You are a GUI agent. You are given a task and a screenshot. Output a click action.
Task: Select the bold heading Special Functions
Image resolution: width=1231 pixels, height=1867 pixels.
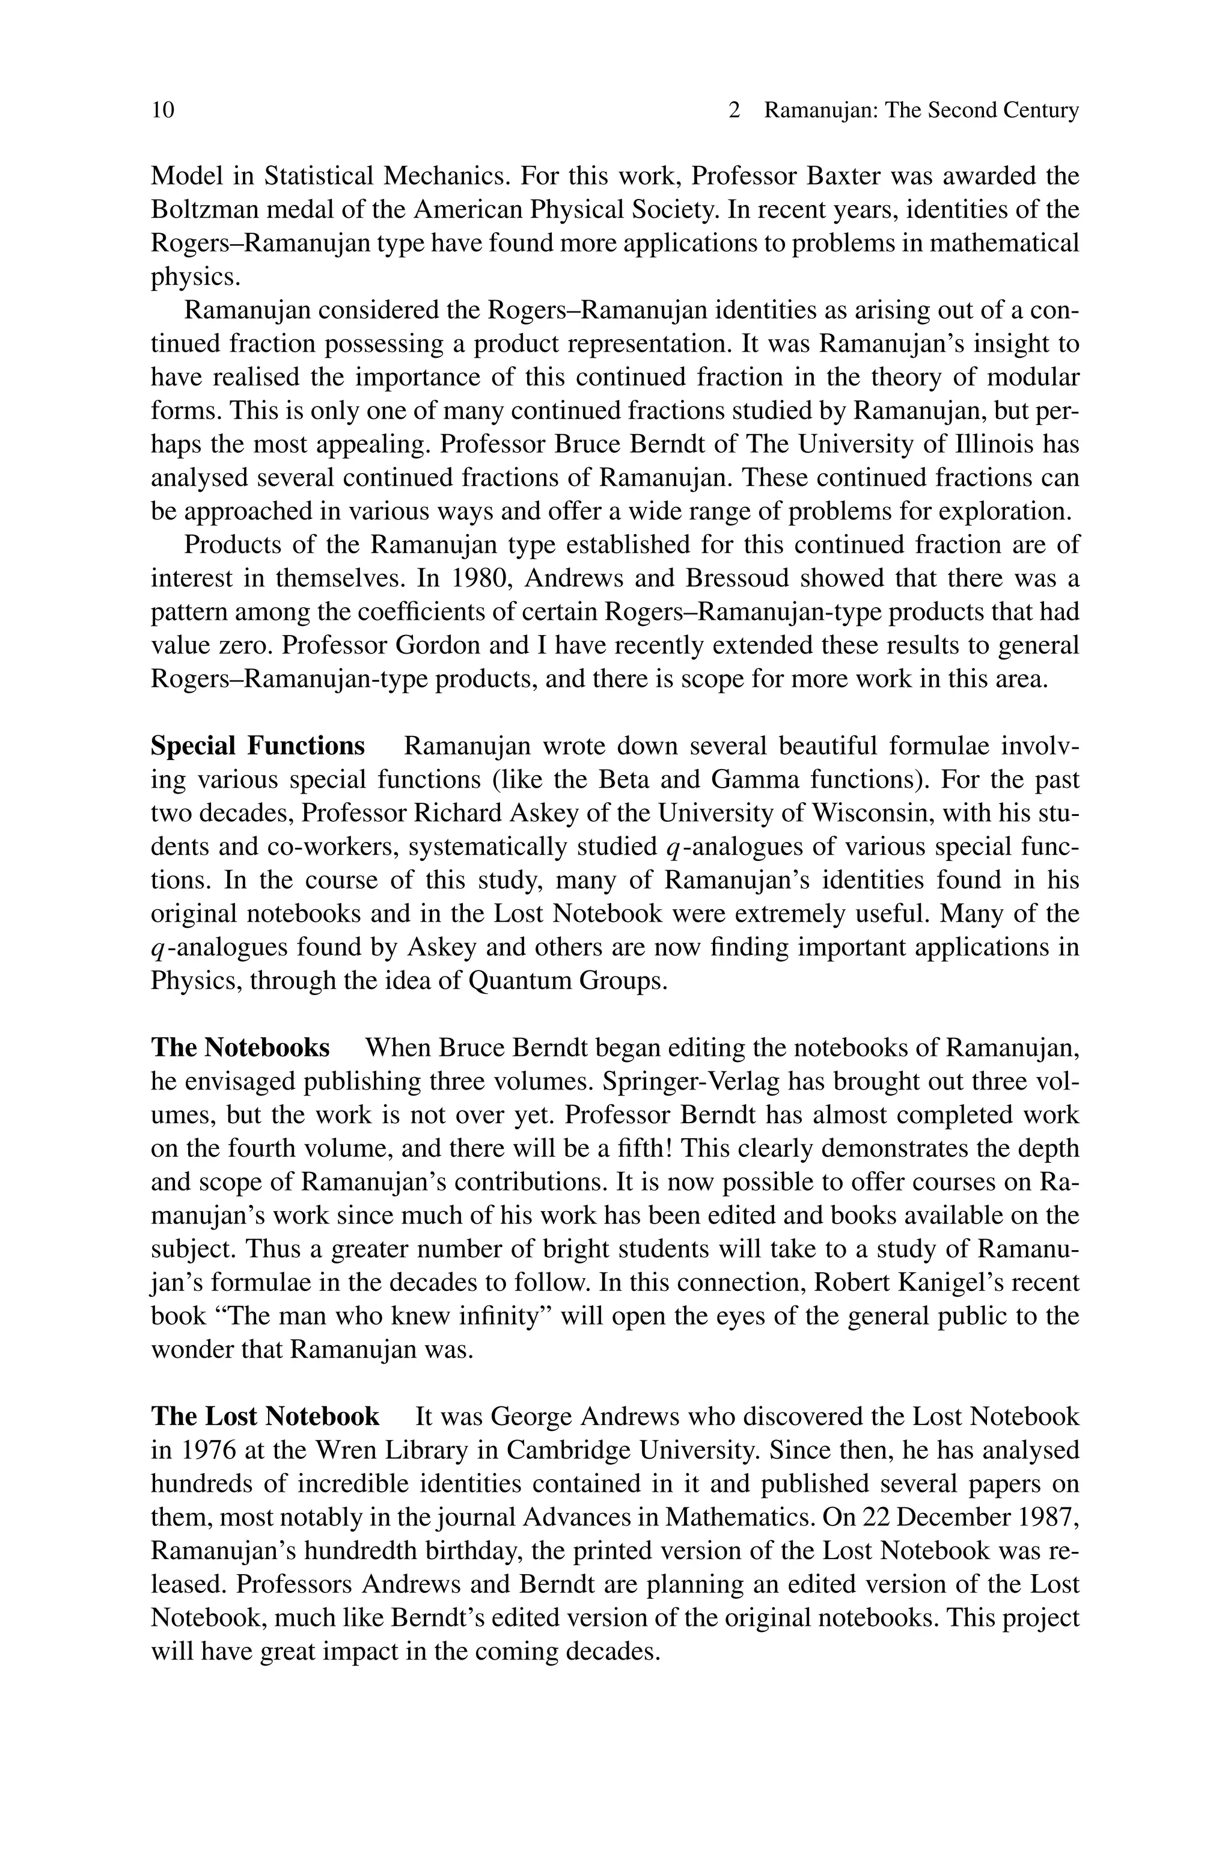[257, 745]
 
